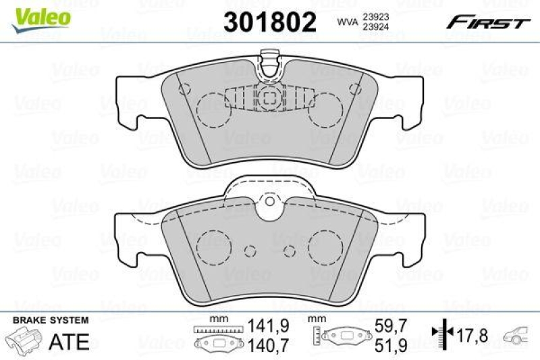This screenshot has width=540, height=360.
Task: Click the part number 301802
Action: [269, 22]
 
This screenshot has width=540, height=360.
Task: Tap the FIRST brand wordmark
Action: [486, 23]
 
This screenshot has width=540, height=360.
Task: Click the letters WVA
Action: [348, 22]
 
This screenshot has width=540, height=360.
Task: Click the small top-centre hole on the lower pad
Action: [268, 201]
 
